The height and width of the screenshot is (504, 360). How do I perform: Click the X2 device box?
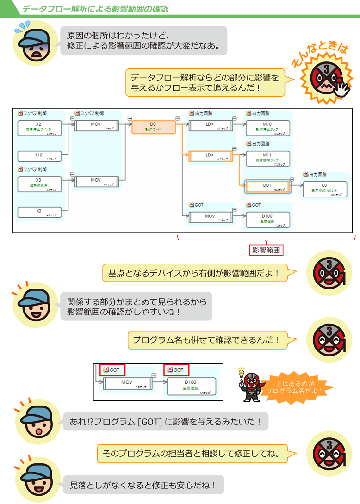tap(38, 128)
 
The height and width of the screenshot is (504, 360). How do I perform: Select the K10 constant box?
tap(38, 156)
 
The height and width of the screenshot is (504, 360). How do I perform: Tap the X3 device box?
tap(38, 184)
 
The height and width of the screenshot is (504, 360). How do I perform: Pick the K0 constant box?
tap(38, 212)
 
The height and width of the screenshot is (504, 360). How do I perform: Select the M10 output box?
tap(267, 127)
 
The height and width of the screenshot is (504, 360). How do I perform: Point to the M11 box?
tap(267, 158)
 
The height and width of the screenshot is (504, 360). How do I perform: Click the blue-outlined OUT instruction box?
tap(267, 187)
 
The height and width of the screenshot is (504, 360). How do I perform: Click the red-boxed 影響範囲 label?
tap(266, 250)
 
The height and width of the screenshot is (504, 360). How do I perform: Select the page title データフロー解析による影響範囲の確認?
tap(95, 9)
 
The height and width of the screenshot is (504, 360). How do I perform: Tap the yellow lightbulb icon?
tap(241, 371)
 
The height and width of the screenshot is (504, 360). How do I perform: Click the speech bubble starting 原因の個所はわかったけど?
tap(143, 41)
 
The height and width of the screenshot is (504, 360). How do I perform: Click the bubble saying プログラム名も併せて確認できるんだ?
tap(206, 340)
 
